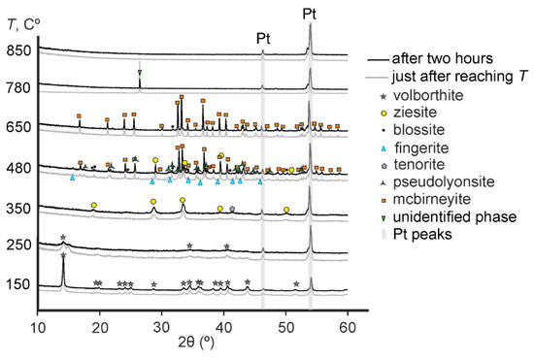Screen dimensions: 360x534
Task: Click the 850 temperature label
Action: point(19,49)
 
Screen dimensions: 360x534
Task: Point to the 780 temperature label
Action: point(19,87)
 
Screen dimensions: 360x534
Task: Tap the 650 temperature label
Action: point(19,126)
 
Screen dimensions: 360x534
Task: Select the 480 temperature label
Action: point(19,167)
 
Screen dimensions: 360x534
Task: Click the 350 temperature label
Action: point(19,208)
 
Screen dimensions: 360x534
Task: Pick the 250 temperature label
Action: point(19,245)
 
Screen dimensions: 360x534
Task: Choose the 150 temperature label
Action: point(19,284)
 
